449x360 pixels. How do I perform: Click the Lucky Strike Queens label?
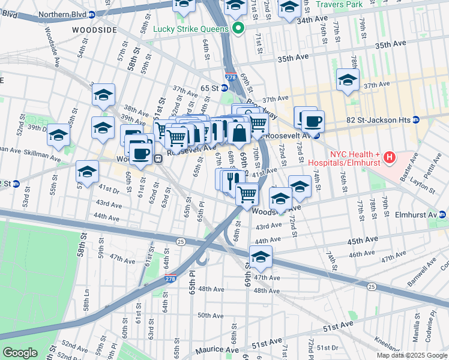tap(190, 28)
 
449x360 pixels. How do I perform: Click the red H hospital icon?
tap(390, 158)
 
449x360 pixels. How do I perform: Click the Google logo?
tap(20, 352)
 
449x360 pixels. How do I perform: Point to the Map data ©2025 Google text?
tap(411, 355)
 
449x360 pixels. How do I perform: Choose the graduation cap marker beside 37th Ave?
tap(348, 80)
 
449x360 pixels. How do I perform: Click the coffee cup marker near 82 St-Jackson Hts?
tap(312, 122)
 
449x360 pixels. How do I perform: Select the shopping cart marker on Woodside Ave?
tap(247, 194)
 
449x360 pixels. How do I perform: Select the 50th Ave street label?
tap(210, 315)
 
